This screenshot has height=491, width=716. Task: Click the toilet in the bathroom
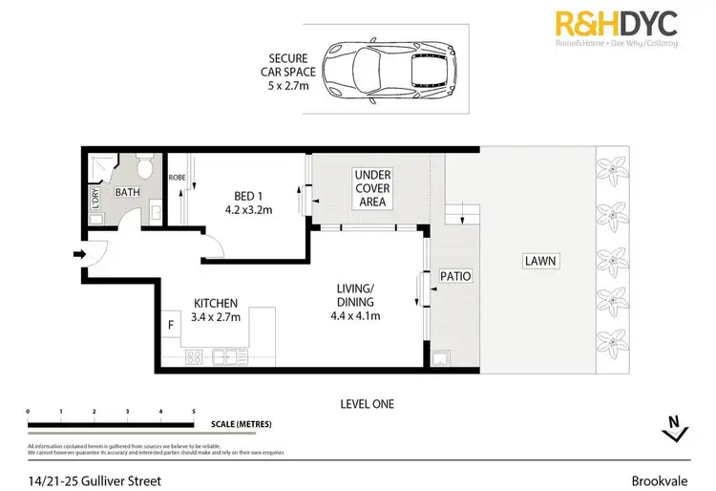click(x=143, y=170)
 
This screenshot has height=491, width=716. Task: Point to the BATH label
click(x=128, y=192)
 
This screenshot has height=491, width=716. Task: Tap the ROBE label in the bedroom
click(x=177, y=177)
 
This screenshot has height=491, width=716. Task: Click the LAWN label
click(x=538, y=261)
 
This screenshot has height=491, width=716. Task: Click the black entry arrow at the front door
click(x=78, y=254)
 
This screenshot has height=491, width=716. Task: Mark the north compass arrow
click(x=674, y=427)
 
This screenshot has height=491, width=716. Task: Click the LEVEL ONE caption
click(x=367, y=404)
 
